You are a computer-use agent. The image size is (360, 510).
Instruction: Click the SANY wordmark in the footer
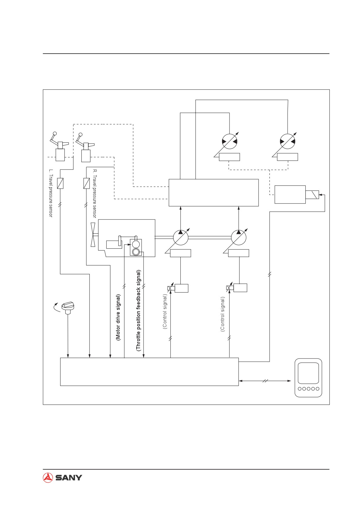coord(69,478)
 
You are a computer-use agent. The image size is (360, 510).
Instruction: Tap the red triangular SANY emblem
coord(48,477)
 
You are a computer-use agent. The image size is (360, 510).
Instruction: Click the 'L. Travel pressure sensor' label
coord(51,193)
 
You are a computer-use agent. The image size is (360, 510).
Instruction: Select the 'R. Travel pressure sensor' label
coord(94,193)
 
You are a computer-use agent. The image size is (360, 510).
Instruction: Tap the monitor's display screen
coord(308,373)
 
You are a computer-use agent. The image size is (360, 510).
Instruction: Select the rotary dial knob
coord(68,308)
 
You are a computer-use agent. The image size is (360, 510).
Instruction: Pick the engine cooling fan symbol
coord(93,235)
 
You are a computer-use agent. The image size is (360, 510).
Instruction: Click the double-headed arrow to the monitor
coord(265,381)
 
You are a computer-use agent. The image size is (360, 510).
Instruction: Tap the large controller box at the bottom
coord(149,372)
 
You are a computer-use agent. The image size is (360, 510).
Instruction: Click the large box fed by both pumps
coord(214,192)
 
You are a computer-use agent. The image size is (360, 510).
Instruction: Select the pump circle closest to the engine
coord(181,237)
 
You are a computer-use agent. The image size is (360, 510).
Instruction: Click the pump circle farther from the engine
coord(239,237)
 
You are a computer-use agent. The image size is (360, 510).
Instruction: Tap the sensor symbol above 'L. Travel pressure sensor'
coord(60,183)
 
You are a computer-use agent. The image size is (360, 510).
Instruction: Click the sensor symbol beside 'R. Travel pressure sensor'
coord(87,183)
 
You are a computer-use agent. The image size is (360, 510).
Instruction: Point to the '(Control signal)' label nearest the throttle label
coord(165,311)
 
